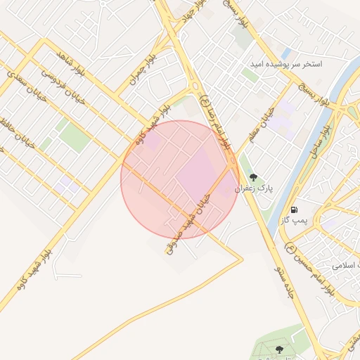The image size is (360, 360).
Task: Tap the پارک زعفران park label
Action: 255,188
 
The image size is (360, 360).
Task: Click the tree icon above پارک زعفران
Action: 253,177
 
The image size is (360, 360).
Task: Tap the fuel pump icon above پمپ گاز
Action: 293,210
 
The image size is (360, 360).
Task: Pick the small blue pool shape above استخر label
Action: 286,53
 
